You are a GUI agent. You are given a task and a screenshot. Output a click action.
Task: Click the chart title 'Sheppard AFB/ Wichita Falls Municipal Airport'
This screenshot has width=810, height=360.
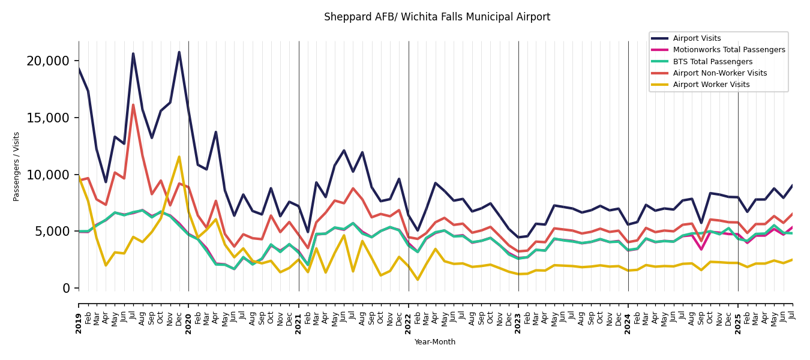coord(437,17)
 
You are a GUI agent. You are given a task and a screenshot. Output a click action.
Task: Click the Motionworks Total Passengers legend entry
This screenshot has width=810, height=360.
coord(728,50)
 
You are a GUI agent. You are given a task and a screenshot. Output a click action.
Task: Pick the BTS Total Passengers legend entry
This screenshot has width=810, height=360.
coord(712,62)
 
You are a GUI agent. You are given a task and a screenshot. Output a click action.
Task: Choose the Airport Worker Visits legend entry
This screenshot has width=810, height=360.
coord(711,85)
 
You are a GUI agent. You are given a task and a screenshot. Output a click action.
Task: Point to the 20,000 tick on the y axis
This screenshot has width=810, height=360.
coord(48,61)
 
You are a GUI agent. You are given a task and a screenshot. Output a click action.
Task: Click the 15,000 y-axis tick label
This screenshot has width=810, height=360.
coord(48,118)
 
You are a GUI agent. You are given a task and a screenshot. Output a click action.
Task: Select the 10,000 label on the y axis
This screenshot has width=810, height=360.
coord(48,175)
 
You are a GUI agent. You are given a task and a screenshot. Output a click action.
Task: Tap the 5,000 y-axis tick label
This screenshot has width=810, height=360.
coord(52,232)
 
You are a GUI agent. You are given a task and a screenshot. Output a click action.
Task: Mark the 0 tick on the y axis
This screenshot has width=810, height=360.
coord(66,289)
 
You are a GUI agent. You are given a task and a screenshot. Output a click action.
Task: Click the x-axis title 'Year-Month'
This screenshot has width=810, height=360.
coord(435,342)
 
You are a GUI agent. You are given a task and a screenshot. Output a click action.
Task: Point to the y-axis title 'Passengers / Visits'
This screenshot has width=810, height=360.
coord(17,166)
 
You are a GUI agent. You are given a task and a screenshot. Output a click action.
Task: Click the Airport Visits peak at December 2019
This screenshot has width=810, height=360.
coord(179,52)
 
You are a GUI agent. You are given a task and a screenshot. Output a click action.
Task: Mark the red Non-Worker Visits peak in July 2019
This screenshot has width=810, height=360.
coord(133,105)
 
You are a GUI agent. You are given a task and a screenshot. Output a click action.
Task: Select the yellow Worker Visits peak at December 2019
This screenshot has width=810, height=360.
coord(179,157)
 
